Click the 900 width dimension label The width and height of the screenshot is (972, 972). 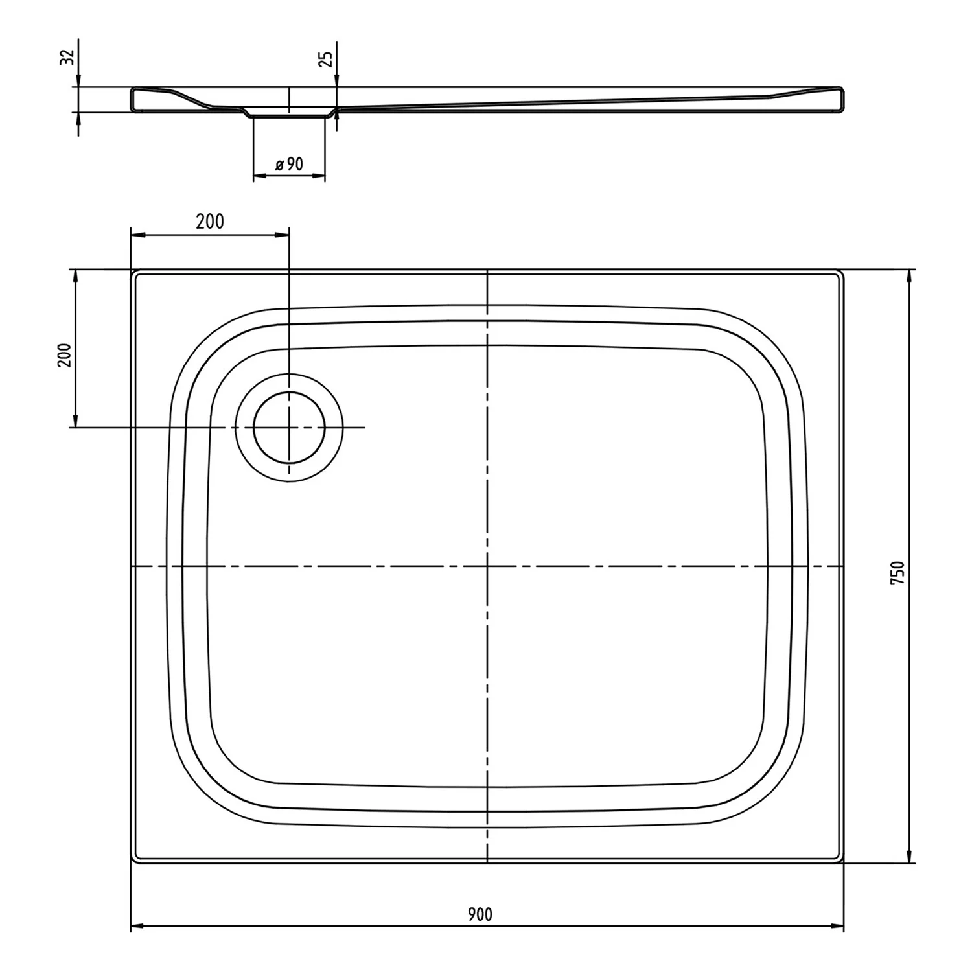click(480, 914)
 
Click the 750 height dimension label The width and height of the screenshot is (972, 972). click(897, 573)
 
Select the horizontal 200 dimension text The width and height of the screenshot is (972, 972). click(210, 222)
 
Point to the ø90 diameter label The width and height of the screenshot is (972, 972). click(288, 164)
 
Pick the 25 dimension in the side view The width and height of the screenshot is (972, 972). click(327, 58)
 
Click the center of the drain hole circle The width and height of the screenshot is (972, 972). click(289, 428)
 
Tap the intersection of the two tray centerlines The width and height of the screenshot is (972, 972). click(487, 566)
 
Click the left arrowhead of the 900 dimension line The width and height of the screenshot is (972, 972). click(136, 926)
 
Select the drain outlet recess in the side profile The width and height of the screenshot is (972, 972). click(289, 115)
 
